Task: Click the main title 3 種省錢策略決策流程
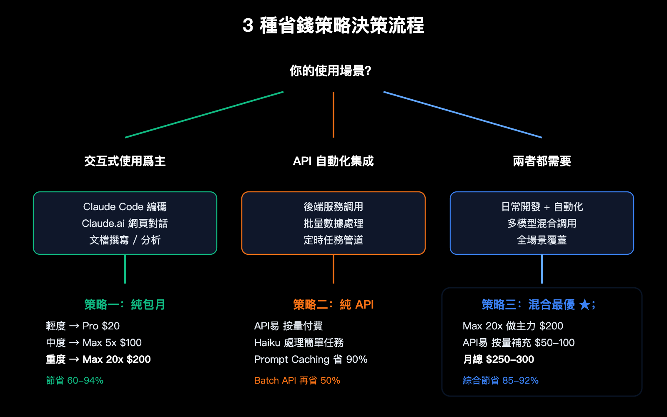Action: (x=333, y=25)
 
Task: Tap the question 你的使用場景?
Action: (x=331, y=71)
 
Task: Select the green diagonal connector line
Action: (x=204, y=115)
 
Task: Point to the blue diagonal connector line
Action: (x=463, y=115)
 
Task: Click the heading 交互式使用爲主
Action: (x=125, y=161)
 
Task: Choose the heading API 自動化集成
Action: (x=333, y=161)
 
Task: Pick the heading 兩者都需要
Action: (x=542, y=161)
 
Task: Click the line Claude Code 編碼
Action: (x=125, y=207)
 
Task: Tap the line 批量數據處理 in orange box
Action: (x=333, y=224)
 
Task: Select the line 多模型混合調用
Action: (x=542, y=224)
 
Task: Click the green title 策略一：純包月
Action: (x=125, y=305)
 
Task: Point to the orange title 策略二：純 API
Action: (x=333, y=305)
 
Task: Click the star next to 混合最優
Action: (x=585, y=305)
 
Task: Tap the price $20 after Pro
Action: (x=110, y=326)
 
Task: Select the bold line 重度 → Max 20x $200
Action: (x=98, y=359)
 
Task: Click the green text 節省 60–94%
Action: (x=75, y=381)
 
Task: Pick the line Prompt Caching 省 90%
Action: (x=311, y=359)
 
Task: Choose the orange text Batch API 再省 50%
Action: (x=297, y=381)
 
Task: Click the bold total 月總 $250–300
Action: (x=499, y=359)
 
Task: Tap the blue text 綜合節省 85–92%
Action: (x=501, y=381)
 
